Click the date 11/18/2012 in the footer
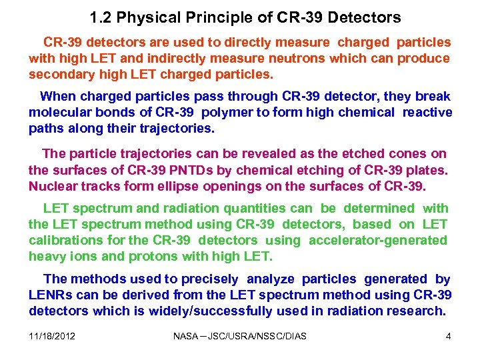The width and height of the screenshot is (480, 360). coord(52,336)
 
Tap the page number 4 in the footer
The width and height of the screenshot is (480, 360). coord(449,336)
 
